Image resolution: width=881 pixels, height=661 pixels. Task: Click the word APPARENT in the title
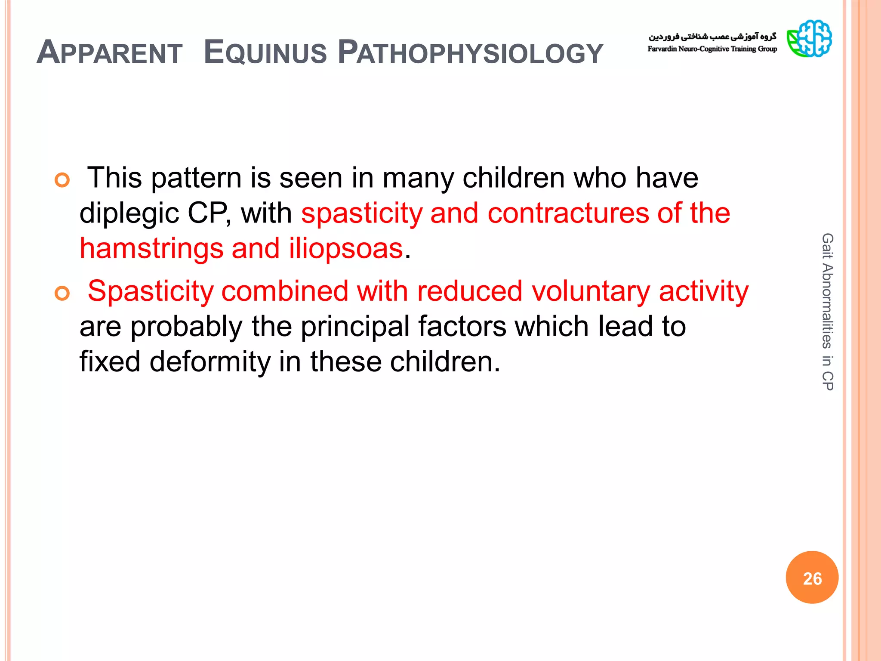[x=110, y=53]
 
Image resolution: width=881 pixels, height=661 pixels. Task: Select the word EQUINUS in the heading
[x=265, y=53]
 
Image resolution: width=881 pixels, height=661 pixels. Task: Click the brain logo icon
[x=809, y=39]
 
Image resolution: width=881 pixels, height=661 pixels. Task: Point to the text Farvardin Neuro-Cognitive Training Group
[x=712, y=49]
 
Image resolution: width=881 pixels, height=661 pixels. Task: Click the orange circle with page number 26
[x=812, y=578]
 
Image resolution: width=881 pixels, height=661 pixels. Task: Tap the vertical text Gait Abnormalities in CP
[x=827, y=312]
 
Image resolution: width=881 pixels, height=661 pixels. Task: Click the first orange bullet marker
[x=62, y=180]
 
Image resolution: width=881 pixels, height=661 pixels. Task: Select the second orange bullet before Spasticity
[x=62, y=293]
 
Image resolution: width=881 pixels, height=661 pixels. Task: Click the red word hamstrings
[x=151, y=249]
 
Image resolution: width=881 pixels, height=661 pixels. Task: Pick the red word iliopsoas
[x=346, y=249]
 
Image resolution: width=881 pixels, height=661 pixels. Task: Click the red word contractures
[x=568, y=213]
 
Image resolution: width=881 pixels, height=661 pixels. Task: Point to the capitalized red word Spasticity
[x=150, y=292]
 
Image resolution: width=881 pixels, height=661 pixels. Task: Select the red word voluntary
[x=591, y=292]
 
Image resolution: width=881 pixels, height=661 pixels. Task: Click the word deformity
[x=210, y=361]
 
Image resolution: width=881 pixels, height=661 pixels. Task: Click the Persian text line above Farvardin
[x=712, y=36]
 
